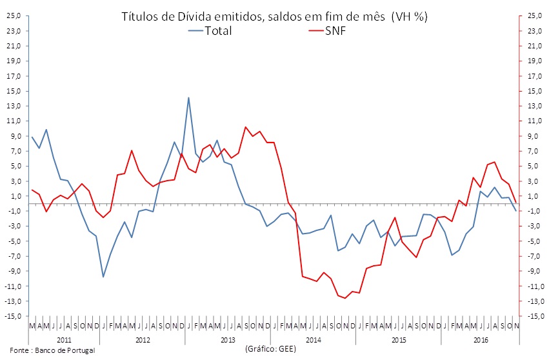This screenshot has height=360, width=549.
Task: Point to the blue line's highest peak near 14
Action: coord(188,98)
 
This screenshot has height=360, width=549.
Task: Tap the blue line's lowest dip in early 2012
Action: coord(103,277)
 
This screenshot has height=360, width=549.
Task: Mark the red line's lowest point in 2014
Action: coord(345,298)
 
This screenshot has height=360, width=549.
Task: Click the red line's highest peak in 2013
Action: coord(246,127)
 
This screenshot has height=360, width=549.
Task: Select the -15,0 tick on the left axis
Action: coord(12,316)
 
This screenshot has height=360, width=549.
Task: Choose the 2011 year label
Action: coord(64,339)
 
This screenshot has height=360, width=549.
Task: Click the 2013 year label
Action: coord(228,339)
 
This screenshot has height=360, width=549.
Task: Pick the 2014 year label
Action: coord(313,339)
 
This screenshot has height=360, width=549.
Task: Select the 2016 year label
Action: coord(480,339)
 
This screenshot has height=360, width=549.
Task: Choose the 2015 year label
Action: coord(398,339)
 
